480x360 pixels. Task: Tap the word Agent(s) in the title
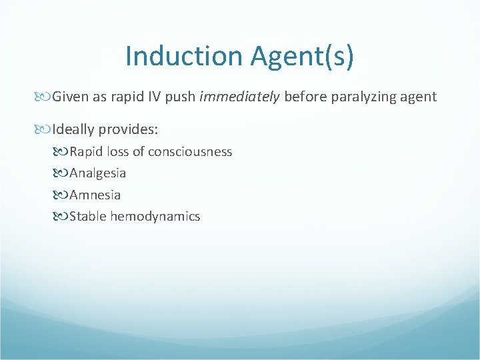pyautogui.click(x=303, y=56)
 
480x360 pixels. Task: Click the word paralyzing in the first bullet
pyautogui.click(x=360, y=97)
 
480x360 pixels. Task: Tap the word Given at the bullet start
pyautogui.click(x=70, y=97)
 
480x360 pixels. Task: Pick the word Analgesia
pyautogui.click(x=97, y=173)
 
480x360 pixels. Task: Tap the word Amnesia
pyautogui.click(x=95, y=195)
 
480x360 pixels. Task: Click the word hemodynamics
pyautogui.click(x=155, y=216)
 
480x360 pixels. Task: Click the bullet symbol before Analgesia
pyautogui.click(x=63, y=173)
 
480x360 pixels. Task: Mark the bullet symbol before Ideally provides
pyautogui.click(x=45, y=127)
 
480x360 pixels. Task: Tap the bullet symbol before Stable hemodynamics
pyautogui.click(x=63, y=216)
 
